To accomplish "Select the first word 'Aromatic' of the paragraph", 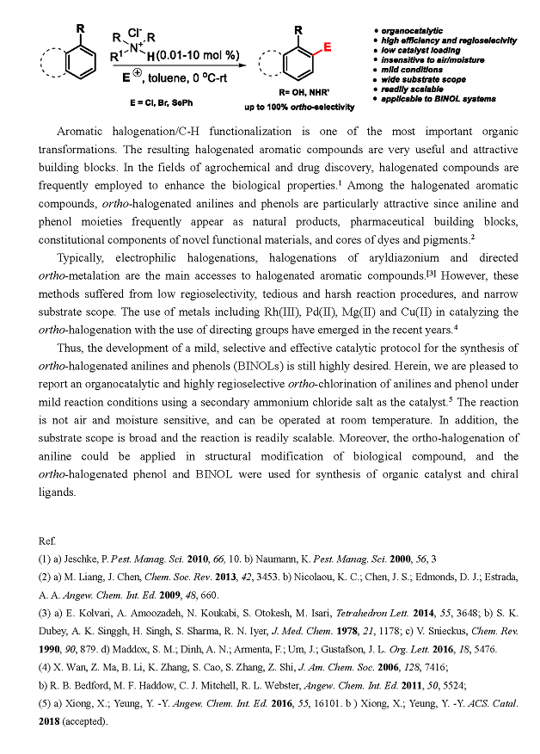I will [83, 132].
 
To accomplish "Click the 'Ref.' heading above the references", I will [47, 540].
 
